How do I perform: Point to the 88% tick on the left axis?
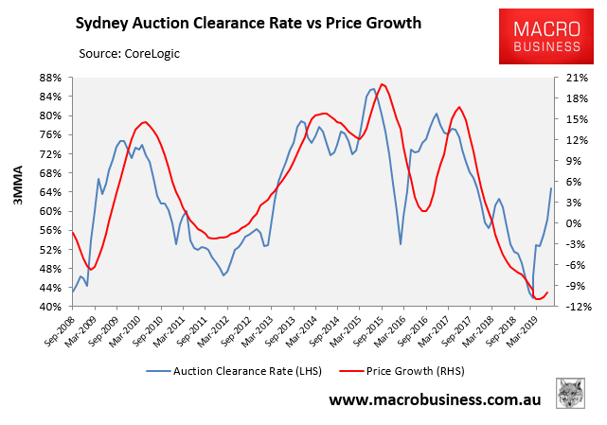pos(50,78)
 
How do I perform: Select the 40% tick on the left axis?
pos(50,308)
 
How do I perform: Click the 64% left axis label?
pos(50,192)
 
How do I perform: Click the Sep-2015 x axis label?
pos(379,331)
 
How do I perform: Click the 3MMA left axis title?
pos(16,192)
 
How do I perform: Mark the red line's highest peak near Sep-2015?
pos(382,84)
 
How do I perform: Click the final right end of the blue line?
pos(552,187)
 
